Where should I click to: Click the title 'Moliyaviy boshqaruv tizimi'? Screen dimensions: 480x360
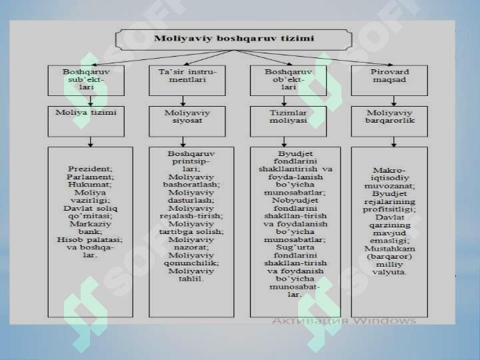[234, 38]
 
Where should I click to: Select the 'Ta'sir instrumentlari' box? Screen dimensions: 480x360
[187, 81]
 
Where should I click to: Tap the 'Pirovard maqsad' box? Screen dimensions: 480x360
[389, 81]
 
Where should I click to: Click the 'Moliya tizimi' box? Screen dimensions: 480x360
[86, 121]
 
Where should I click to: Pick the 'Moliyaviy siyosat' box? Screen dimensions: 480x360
[187, 121]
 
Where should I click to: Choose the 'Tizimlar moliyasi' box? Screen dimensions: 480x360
[288, 121]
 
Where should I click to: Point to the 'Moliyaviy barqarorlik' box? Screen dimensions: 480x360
[389, 121]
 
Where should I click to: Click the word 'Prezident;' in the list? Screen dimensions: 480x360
[90, 169]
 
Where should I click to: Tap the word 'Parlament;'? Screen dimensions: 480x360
[90, 177]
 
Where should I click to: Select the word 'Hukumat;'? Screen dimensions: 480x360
[90, 185]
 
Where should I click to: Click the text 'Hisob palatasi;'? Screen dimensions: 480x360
[90, 239]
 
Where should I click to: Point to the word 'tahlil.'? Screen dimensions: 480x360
[191, 279]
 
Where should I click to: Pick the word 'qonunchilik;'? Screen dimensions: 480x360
[191, 263]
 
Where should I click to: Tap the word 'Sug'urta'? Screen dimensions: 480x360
[295, 247]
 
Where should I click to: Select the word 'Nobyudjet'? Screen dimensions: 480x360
[295, 200]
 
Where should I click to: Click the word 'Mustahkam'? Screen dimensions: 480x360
[390, 248]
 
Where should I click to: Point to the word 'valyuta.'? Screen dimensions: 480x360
[390, 272]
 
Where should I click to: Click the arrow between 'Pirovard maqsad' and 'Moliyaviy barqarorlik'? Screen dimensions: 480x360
[394, 101]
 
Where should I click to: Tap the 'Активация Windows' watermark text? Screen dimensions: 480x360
[344, 321]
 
